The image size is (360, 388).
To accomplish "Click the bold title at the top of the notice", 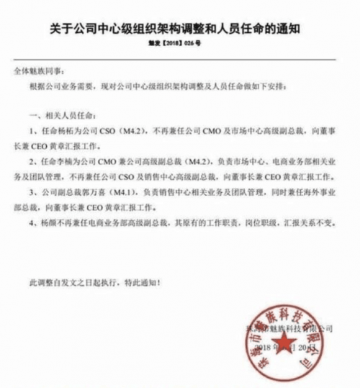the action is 179,30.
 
